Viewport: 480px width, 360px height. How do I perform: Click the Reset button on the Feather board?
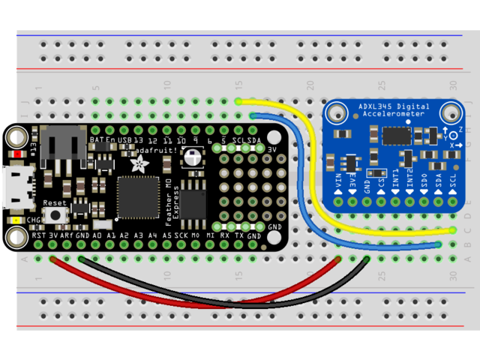tap(55, 215)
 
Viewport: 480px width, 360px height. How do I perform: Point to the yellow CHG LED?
tap(16, 220)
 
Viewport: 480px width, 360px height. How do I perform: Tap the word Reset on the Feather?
tap(55, 203)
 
